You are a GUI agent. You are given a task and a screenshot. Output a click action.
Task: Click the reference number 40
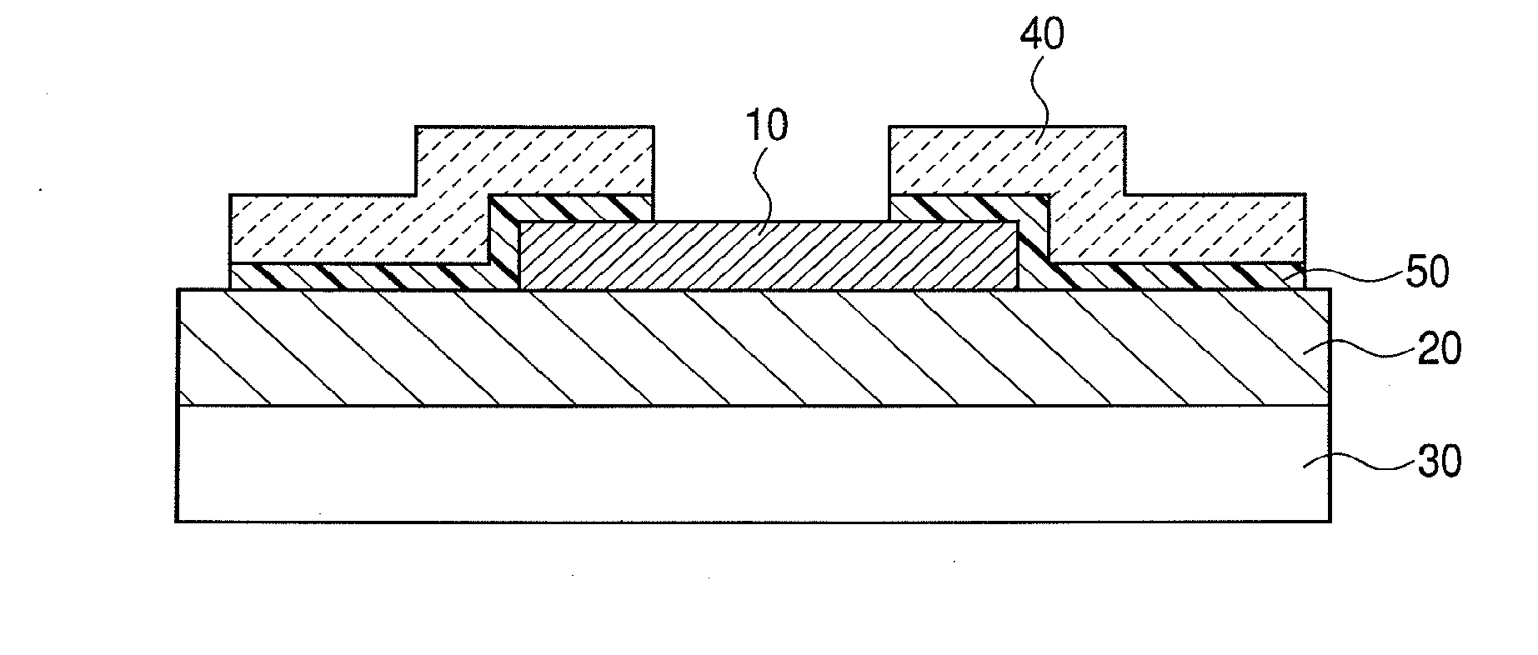click(x=1042, y=36)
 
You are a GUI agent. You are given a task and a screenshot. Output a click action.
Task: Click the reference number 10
click(x=765, y=127)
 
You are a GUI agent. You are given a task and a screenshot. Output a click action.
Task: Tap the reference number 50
click(x=1427, y=272)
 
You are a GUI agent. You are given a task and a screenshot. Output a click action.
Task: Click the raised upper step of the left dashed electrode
click(x=534, y=158)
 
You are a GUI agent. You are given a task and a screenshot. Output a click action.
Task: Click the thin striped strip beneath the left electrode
click(x=358, y=276)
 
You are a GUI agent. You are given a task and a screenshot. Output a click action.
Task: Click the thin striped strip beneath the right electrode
click(x=1175, y=276)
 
